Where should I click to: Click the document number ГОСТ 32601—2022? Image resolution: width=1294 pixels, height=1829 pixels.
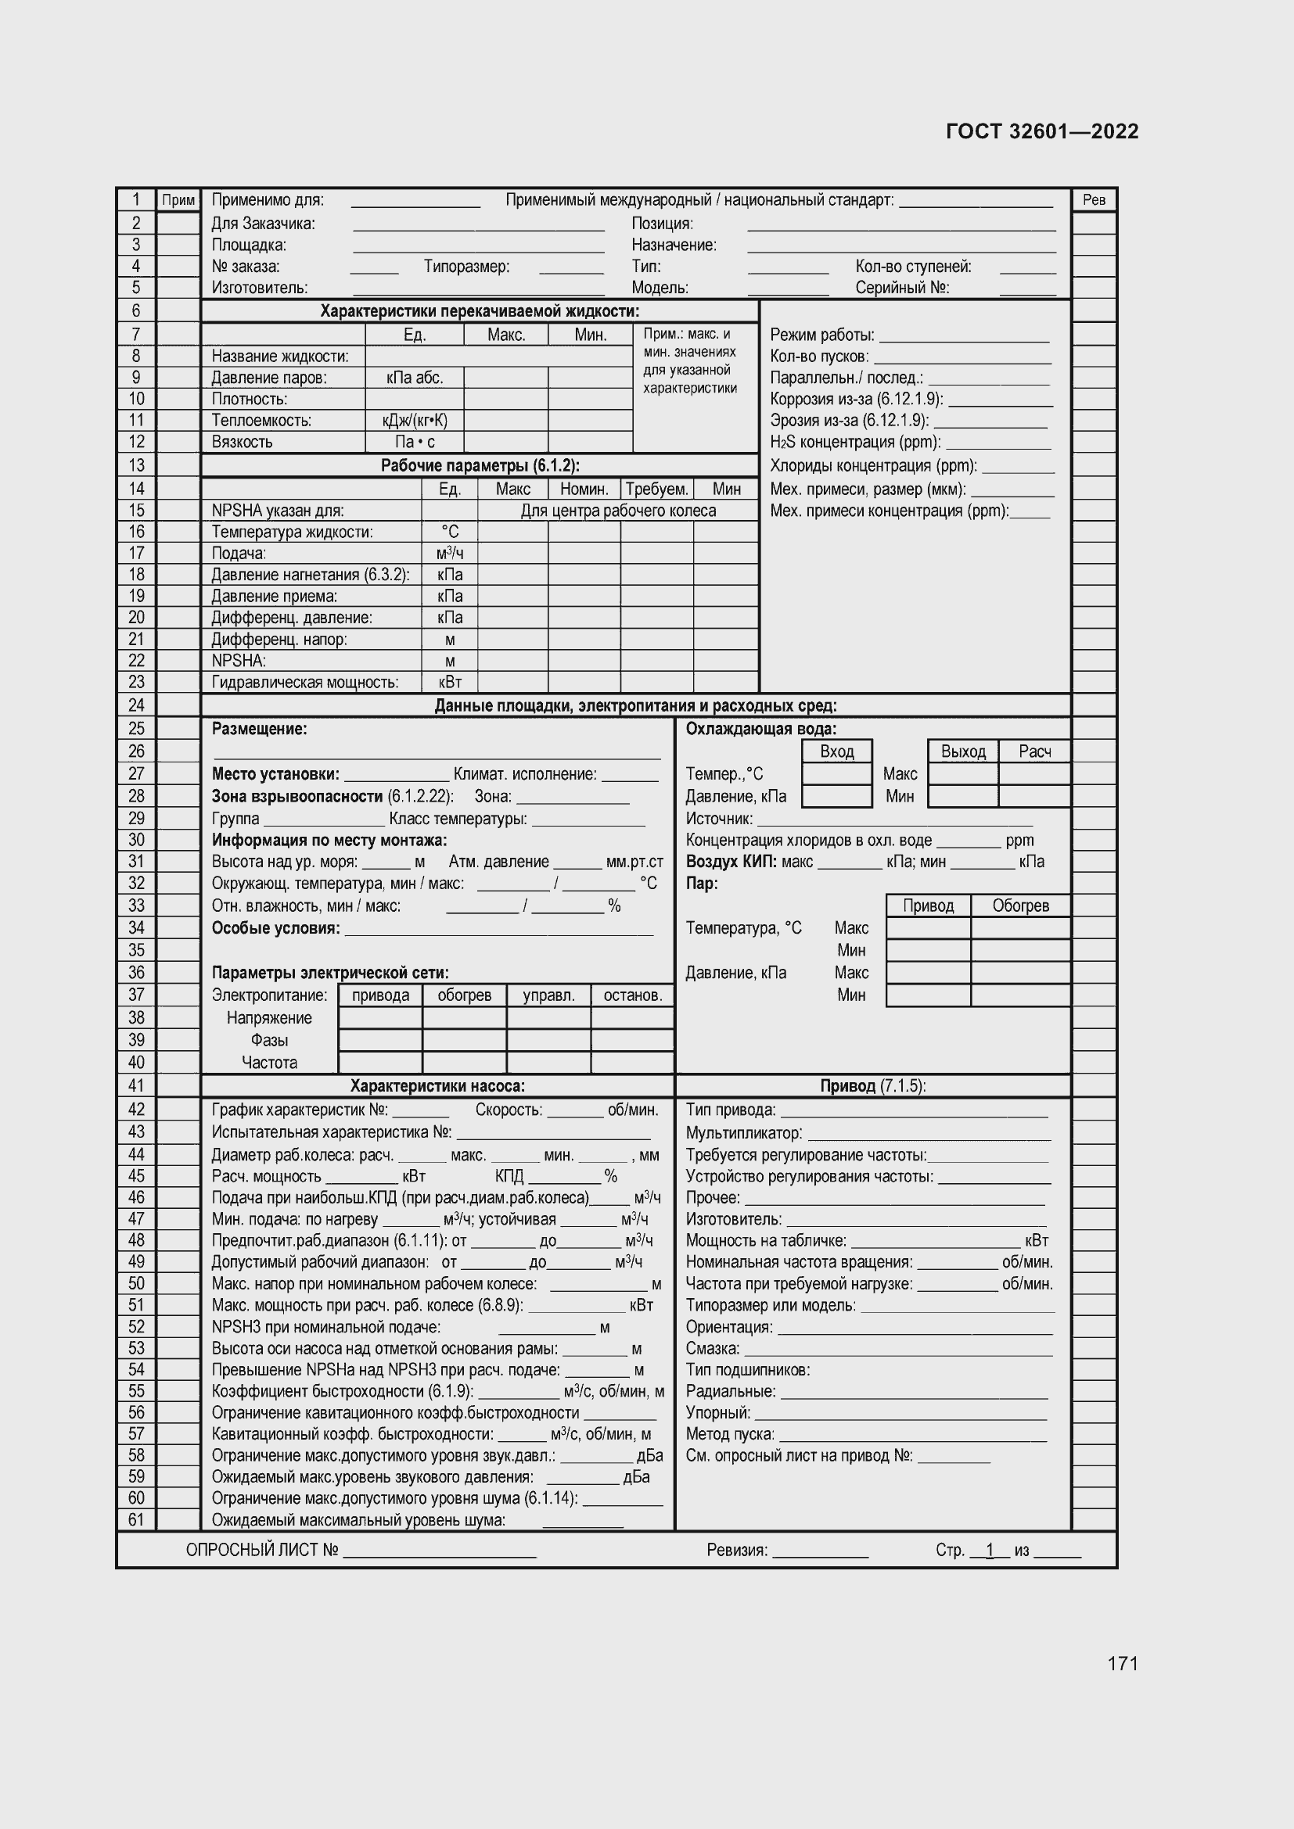tap(1042, 131)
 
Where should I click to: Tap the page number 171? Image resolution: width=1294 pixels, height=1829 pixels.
tap(1122, 1663)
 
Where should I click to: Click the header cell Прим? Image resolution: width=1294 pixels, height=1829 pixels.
tap(178, 200)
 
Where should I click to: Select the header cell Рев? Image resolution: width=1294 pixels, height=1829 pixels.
tap(1094, 200)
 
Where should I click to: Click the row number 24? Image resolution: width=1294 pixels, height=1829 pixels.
tap(136, 705)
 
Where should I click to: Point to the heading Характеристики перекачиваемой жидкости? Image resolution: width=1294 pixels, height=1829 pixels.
tap(480, 311)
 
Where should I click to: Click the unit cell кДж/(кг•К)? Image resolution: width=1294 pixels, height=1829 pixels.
tap(415, 421)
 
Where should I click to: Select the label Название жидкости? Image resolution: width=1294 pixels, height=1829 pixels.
tap(279, 356)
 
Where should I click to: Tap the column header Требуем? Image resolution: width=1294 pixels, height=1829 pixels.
tap(656, 489)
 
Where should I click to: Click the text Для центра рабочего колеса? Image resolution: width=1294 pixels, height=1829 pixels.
tap(618, 511)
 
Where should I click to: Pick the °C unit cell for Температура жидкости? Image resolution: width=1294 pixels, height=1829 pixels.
tap(449, 533)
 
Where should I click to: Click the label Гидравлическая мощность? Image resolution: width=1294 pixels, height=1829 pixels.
tap(305, 682)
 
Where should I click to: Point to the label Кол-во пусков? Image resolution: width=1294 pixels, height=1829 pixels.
tap(819, 357)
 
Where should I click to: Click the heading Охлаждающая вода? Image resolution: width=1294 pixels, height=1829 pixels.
tap(761, 728)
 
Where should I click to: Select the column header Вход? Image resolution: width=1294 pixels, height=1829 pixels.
tap(836, 751)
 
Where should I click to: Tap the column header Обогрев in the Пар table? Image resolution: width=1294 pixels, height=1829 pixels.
tap(1020, 906)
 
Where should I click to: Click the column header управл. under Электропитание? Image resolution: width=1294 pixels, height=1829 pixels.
tap(548, 995)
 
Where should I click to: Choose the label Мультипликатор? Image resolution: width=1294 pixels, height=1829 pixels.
tap(743, 1133)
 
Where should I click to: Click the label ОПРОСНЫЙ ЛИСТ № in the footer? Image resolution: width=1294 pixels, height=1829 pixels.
tap(262, 1550)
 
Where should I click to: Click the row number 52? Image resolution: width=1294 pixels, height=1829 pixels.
tap(136, 1326)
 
